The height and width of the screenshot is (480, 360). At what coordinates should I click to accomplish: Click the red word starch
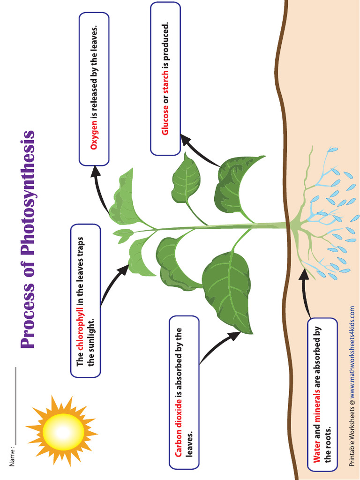165,91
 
